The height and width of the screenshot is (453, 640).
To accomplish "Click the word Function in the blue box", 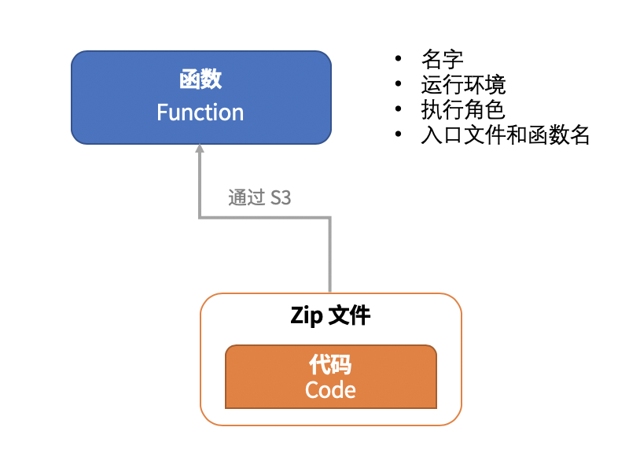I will [x=200, y=112].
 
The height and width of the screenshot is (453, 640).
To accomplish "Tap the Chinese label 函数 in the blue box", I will [x=200, y=79].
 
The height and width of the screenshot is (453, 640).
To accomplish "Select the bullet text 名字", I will [x=442, y=60].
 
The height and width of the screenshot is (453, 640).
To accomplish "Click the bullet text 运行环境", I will [x=463, y=85].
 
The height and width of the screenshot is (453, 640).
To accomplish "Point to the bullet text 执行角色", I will [x=463, y=110].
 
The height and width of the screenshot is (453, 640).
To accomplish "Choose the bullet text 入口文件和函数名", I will [x=506, y=135].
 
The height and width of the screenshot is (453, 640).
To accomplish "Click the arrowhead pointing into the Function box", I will [x=200, y=149].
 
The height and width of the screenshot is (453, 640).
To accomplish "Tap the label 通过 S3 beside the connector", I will [x=259, y=198].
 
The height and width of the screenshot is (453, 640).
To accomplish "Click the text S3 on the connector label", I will [x=281, y=198].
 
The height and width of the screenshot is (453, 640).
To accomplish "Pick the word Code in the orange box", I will [x=330, y=390].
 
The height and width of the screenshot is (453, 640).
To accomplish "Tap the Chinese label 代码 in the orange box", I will [x=330, y=365].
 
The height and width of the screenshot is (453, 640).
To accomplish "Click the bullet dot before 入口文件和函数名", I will [x=399, y=136].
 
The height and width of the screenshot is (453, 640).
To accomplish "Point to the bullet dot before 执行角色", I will [x=399, y=111].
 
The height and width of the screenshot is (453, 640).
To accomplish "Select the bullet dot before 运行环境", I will [x=399, y=86].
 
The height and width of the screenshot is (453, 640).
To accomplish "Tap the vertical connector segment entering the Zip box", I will [x=330, y=260].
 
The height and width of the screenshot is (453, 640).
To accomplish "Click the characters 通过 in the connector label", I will [x=247, y=198].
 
